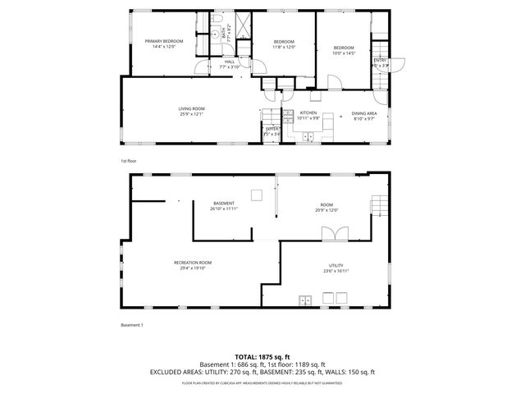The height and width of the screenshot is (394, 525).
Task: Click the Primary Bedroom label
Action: click(164, 41)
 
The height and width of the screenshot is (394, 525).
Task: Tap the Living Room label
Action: click(192, 108)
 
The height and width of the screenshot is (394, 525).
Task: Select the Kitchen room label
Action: click(308, 112)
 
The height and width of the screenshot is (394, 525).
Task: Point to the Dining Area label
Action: click(364, 113)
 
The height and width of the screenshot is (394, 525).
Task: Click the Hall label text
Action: click(229, 61)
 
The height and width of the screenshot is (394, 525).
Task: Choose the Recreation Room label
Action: click(193, 262)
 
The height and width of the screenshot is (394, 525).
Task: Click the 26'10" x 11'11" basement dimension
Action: click(224, 208)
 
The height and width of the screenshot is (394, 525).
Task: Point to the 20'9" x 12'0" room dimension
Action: click(326, 208)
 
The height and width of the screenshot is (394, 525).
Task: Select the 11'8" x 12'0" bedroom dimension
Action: click(284, 47)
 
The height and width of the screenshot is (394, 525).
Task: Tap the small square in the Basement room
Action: click(257, 195)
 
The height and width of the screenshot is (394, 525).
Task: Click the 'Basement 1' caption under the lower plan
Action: click(132, 325)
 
